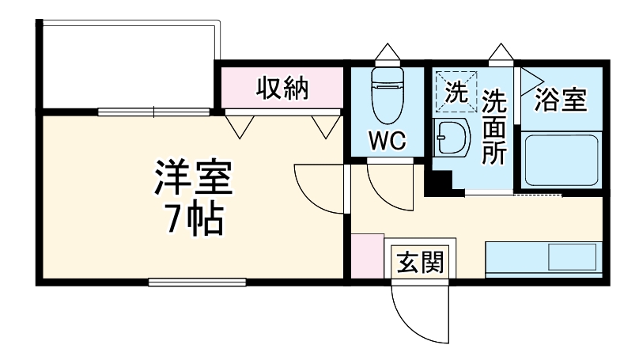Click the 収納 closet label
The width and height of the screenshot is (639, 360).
281,89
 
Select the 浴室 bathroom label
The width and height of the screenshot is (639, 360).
561,100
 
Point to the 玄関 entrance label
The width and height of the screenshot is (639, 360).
419,260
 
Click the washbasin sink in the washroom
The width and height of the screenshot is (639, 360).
452,138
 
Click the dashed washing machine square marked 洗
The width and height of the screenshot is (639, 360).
456,92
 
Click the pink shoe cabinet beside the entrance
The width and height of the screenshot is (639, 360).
366,256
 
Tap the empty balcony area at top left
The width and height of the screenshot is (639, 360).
127,67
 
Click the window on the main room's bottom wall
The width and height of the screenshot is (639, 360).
197,280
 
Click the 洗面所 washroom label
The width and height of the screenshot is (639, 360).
494,127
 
